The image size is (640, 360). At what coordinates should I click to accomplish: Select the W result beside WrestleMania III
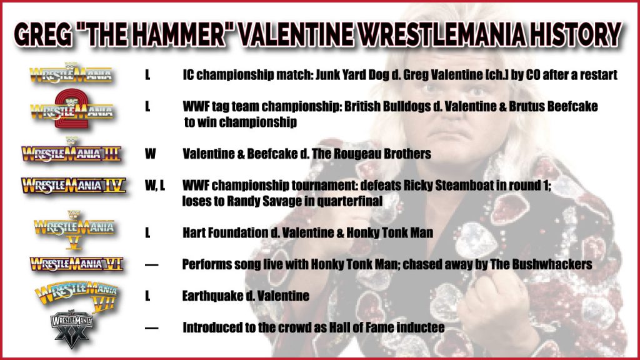pyautogui.click(x=150, y=154)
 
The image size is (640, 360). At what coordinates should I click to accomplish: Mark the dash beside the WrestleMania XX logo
pyautogui.click(x=151, y=327)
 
